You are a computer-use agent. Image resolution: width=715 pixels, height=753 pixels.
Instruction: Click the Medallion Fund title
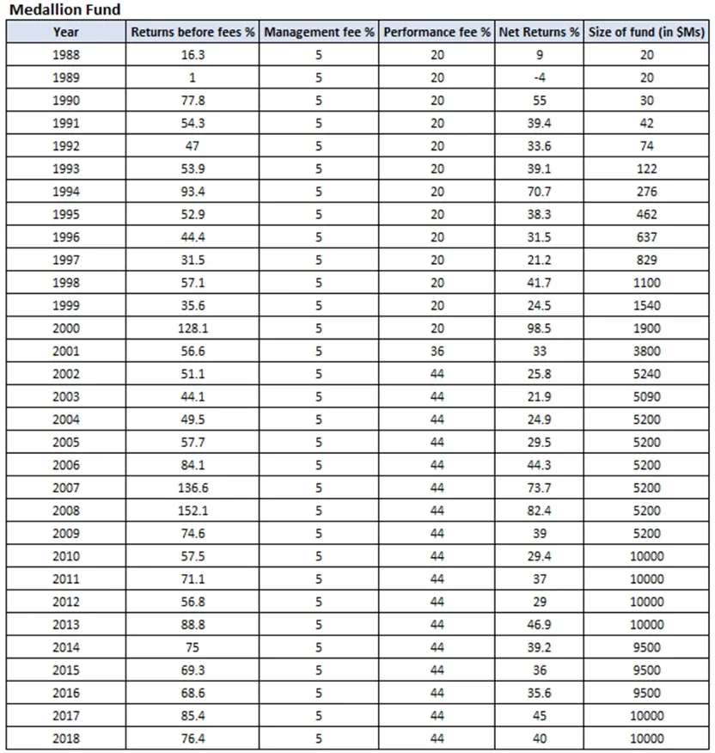tap(64, 9)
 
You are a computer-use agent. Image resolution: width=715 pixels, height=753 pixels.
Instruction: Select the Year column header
tap(65, 32)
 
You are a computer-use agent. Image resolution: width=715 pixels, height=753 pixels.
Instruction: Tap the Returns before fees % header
tap(192, 32)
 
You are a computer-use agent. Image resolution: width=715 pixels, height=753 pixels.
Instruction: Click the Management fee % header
tap(319, 32)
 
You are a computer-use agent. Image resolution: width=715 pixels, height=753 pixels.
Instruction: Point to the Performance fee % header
tap(437, 32)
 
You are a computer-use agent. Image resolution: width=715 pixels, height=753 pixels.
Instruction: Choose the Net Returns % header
tap(539, 32)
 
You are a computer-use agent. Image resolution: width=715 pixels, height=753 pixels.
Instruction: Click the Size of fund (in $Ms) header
tap(647, 32)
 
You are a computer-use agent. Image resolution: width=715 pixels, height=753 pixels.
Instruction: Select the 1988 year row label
tap(65, 55)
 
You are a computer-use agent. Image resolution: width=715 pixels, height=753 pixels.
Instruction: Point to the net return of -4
tap(539, 77)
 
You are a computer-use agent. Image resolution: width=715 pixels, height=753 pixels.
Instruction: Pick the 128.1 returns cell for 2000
tap(192, 328)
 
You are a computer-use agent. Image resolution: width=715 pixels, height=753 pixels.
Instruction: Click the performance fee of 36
tap(437, 352)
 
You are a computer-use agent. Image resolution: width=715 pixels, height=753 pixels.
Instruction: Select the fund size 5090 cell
tap(647, 397)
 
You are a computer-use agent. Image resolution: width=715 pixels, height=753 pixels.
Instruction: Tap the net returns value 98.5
tap(539, 328)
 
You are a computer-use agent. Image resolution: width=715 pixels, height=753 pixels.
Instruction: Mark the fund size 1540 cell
tap(647, 306)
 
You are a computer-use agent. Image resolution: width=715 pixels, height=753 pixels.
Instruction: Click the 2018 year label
tap(65, 738)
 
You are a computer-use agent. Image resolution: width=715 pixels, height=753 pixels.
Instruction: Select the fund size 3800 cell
tap(647, 352)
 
